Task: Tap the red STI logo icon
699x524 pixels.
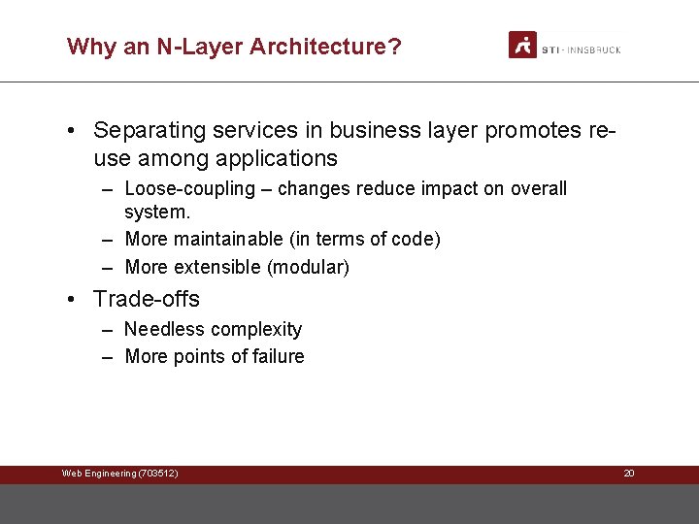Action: pyautogui.click(x=522, y=45)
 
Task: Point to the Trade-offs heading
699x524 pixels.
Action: pyautogui.click(x=147, y=299)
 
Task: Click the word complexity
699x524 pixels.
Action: pyautogui.click(x=256, y=330)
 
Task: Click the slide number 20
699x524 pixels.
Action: pyautogui.click(x=628, y=474)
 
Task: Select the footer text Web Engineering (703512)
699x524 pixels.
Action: pyautogui.click(x=119, y=474)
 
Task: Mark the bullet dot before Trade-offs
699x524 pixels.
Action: pyautogui.click(x=74, y=299)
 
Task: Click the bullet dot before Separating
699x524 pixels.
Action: pyautogui.click(x=74, y=130)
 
